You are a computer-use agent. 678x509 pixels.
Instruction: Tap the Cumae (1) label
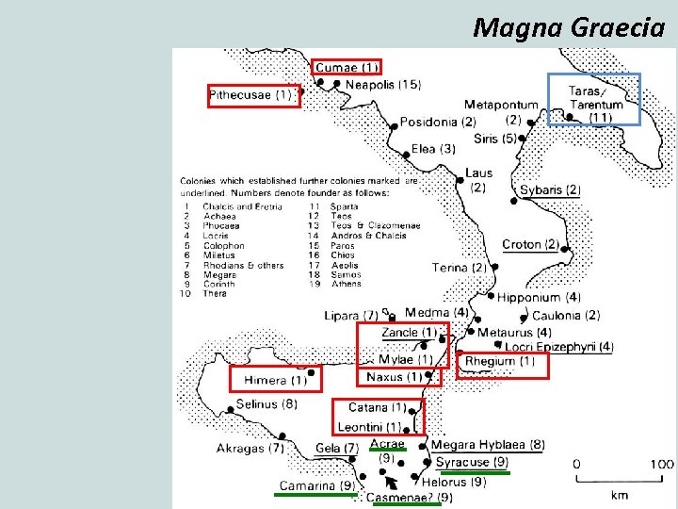point(347,67)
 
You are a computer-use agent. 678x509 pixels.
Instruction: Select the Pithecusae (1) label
point(251,95)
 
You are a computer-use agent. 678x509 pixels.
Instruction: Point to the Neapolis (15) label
point(382,86)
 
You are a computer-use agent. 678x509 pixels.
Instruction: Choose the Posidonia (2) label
point(437,123)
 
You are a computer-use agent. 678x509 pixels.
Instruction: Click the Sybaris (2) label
point(550,190)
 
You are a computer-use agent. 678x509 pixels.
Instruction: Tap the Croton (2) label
point(530,245)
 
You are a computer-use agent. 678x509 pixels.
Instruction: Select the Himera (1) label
point(275,381)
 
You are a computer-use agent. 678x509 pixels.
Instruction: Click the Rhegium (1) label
point(500,361)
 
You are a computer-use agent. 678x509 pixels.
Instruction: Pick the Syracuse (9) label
point(472,462)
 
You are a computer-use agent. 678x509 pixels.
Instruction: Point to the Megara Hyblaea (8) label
point(488,445)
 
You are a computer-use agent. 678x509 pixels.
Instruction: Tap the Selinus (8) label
point(266,404)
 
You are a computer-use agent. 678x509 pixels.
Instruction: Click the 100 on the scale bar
point(661,464)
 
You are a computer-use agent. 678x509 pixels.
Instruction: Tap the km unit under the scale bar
point(620,494)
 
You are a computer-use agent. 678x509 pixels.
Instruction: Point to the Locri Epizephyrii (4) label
point(558,348)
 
